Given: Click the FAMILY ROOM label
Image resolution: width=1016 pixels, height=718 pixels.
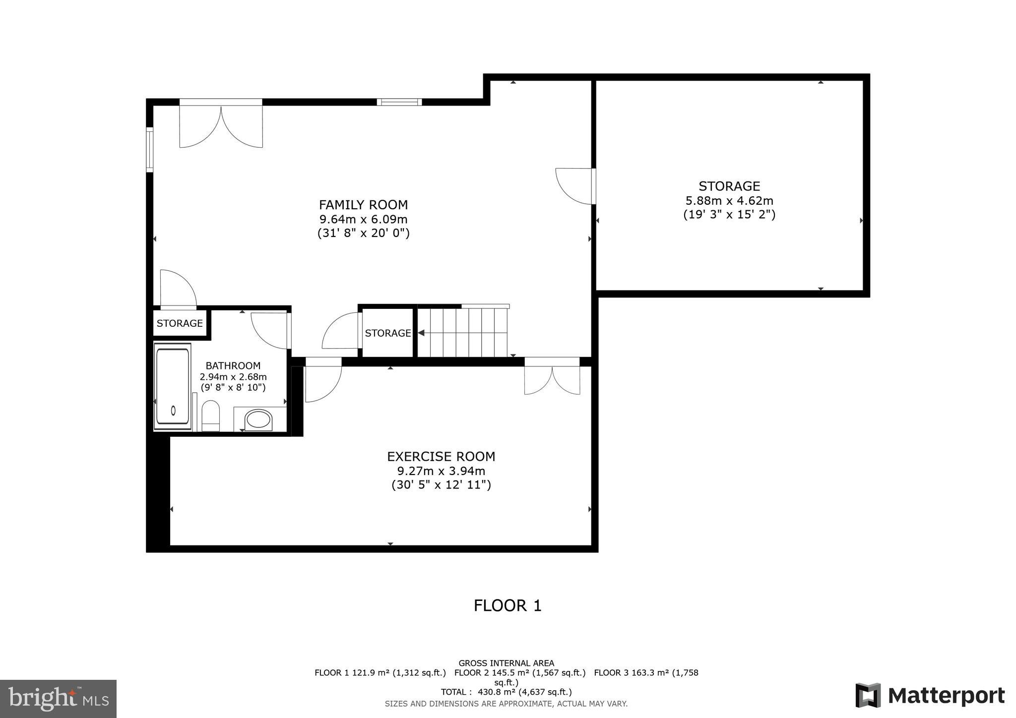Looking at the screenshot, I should click(363, 205).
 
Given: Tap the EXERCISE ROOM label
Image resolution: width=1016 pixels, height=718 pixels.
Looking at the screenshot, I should click(441, 456).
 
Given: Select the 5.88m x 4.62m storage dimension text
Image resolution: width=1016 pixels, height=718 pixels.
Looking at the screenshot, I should click(729, 201).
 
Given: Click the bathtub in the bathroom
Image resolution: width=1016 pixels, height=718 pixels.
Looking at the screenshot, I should click(172, 386).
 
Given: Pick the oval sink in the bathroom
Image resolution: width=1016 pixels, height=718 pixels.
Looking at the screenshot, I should click(258, 419).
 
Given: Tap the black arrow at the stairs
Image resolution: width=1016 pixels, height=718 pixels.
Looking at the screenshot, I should click(421, 333).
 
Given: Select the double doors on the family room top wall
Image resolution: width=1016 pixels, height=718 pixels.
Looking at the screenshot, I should click(221, 124).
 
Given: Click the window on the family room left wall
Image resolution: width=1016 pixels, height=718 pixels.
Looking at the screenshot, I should click(149, 150).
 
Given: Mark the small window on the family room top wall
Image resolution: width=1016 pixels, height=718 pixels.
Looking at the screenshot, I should click(399, 102).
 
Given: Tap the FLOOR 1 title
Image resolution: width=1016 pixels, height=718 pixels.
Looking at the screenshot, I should click(508, 605).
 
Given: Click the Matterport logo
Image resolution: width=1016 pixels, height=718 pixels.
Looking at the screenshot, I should click(930, 695).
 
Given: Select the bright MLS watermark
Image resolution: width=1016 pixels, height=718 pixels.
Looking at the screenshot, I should click(58, 699).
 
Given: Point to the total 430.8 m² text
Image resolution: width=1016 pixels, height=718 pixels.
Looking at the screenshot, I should click(506, 692).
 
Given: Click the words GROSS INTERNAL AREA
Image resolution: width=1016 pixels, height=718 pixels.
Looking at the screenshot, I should click(506, 663).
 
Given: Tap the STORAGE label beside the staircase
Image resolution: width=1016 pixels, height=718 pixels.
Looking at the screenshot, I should click(388, 333).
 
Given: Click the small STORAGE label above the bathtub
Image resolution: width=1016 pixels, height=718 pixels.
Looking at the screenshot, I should click(180, 323).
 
